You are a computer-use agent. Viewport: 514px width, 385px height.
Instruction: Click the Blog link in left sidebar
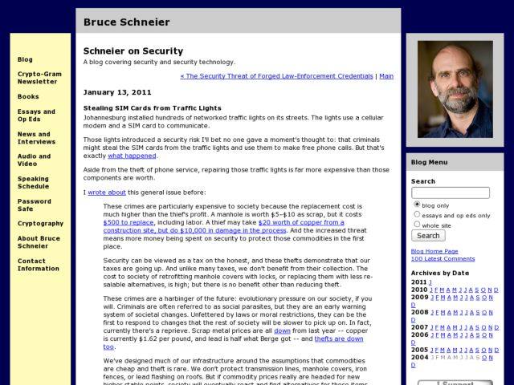pyautogui.click(x=25, y=59)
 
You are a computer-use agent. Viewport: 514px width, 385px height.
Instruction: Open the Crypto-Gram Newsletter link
pyautogui.click(x=38, y=77)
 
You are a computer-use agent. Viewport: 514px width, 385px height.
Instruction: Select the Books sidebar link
pyautogui.click(x=28, y=96)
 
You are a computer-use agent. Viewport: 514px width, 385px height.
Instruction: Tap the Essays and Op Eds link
pyautogui.click(x=36, y=115)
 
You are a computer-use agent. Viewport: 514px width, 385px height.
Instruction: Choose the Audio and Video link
pyautogui.click(x=34, y=160)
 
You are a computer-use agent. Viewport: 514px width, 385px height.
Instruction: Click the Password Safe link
pyautogui.click(x=34, y=205)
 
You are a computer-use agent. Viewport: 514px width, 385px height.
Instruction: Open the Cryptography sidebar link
pyautogui.click(x=40, y=224)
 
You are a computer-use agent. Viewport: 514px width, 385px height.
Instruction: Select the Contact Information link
pyautogui.click(x=38, y=265)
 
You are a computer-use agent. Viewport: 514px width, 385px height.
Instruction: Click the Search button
pyautogui.click(x=428, y=236)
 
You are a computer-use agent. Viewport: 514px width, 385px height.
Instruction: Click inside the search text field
pyautogui.click(x=450, y=193)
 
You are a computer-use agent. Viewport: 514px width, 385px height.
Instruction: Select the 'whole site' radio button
pyautogui.click(x=417, y=225)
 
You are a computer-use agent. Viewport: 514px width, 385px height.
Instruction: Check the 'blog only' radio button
pyautogui.click(x=417, y=205)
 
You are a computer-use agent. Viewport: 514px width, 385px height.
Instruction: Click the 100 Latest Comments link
pyautogui.click(x=443, y=259)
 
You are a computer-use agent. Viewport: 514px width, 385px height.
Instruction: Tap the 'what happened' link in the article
pyautogui.click(x=132, y=156)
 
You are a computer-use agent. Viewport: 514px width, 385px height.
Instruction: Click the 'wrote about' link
pyautogui.click(x=107, y=192)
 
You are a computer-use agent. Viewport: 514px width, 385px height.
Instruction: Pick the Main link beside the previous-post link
pyautogui.click(x=386, y=76)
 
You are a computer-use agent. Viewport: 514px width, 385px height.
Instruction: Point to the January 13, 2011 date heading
pyautogui.click(x=117, y=92)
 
